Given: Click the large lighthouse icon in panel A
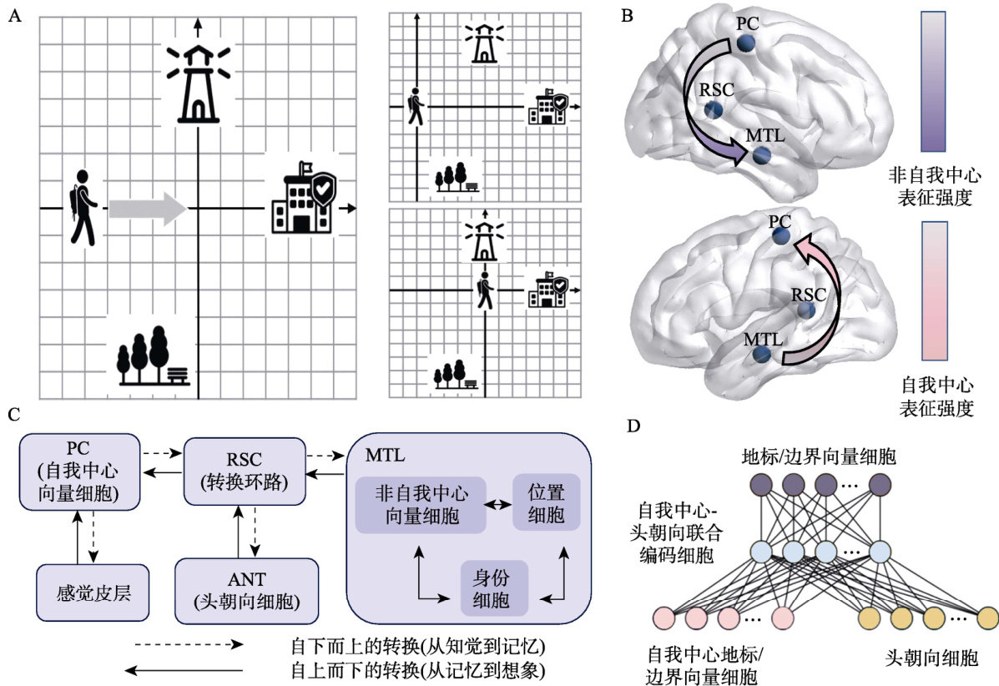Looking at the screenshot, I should click(x=198, y=83).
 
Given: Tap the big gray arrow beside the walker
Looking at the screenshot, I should click(x=148, y=208).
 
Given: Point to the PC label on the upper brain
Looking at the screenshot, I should click(x=747, y=22).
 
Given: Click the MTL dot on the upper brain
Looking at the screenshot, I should click(x=761, y=155).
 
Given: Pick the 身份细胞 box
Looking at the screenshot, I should click(x=496, y=588).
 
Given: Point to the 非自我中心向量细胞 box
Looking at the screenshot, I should click(x=420, y=504).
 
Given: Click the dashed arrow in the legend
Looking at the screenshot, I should click(x=188, y=645).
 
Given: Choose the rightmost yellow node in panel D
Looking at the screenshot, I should click(x=988, y=618).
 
